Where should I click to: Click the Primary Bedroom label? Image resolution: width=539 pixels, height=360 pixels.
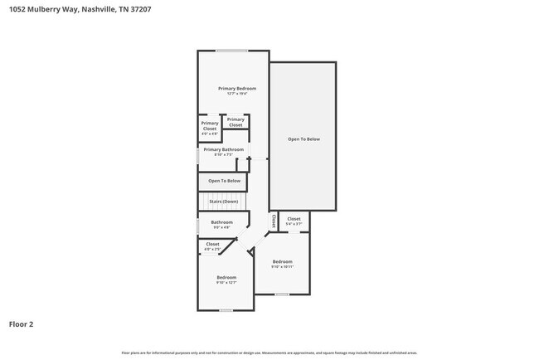point(237,89)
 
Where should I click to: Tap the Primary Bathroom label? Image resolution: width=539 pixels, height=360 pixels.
point(224,149)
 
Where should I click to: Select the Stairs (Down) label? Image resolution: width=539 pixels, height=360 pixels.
point(224,202)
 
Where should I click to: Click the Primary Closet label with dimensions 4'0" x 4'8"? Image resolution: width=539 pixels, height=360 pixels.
point(210,127)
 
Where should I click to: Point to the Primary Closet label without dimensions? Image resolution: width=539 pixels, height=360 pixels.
point(236,122)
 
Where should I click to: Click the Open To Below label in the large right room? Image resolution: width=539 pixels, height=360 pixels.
point(303,139)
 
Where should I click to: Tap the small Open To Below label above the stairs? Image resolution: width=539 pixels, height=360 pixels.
point(224,181)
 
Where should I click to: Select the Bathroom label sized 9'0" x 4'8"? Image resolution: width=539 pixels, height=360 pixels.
point(221,222)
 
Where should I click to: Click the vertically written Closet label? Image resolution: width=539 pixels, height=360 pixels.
point(274,221)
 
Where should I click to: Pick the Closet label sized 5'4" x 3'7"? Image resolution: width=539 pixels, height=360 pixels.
point(294,220)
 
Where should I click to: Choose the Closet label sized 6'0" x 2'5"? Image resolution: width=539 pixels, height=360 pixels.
point(212,244)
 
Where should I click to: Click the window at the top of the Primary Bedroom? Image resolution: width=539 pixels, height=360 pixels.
point(233,51)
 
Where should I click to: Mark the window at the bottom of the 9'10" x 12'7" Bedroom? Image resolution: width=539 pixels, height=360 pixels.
point(226,310)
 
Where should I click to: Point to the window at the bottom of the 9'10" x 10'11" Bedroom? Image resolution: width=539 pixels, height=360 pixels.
point(282,294)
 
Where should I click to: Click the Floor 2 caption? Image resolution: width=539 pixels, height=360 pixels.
point(22,324)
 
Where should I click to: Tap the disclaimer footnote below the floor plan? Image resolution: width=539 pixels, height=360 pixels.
point(269,353)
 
